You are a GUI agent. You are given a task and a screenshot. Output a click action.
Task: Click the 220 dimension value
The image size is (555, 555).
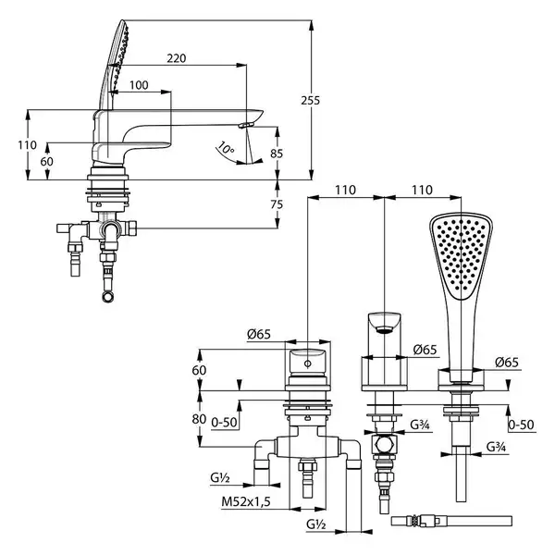point(177,58)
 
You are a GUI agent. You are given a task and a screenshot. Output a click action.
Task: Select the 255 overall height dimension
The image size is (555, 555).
point(311,101)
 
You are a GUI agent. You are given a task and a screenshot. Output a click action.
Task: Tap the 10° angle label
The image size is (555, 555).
point(226,148)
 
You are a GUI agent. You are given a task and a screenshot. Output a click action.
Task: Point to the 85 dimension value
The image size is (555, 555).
point(277,154)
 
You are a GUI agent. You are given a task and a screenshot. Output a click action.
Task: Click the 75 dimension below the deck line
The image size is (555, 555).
point(277,204)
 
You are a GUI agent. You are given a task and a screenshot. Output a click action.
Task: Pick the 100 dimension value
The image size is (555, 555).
point(139,85)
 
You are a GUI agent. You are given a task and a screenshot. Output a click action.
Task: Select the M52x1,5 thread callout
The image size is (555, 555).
point(246,501)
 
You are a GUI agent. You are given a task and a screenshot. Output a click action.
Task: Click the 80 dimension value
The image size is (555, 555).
point(199,419)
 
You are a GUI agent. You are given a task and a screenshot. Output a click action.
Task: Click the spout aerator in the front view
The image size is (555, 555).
point(385,330)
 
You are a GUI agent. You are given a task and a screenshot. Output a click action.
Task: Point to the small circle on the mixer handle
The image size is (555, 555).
point(308,364)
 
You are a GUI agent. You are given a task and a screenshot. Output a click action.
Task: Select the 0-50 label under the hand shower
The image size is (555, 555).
point(522,425)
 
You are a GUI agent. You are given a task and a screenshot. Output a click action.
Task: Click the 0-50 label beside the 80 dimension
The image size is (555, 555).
point(224,423)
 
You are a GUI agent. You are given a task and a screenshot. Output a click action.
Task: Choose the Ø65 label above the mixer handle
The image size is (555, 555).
point(259,334)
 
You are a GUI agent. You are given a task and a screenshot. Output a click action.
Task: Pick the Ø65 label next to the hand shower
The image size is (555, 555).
point(507,362)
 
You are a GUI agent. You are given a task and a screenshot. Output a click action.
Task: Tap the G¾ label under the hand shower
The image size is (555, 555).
point(496,447)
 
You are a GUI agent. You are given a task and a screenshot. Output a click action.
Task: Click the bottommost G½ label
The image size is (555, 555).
point(316,524)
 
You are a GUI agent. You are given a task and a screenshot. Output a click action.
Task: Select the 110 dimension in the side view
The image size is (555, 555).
point(27,145)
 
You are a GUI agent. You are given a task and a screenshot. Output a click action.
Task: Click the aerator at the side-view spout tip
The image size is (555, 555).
point(246,125)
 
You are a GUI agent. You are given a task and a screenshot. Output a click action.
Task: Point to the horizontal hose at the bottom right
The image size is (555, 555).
point(451,521)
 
